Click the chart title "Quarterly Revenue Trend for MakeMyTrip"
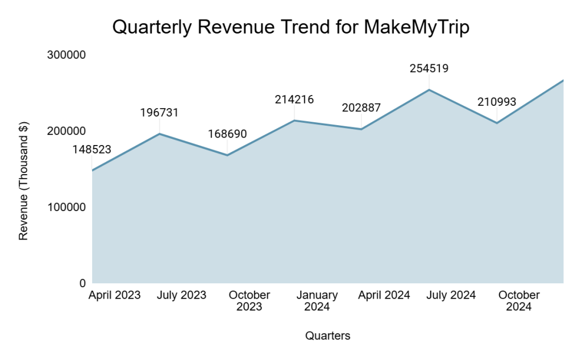tap(291, 27)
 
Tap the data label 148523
tap(92, 150)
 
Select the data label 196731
tap(159, 113)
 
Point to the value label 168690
tap(227, 134)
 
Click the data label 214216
tap(294, 100)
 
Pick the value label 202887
tap(361, 108)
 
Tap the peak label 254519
tap(429, 68)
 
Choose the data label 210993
tap(497, 102)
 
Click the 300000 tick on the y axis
tap(66, 55)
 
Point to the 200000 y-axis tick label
tap(66, 131)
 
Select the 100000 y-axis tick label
tap(66, 207)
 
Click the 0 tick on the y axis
tap(82, 283)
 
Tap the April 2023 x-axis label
tap(114, 295)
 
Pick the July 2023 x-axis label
tap(182, 295)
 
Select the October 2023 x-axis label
tap(250, 301)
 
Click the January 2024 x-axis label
tap(317, 301)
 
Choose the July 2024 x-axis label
tap(451, 295)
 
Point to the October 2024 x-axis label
tap(519, 301)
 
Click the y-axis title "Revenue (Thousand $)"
tap(23, 181)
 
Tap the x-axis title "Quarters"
tap(328, 336)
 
